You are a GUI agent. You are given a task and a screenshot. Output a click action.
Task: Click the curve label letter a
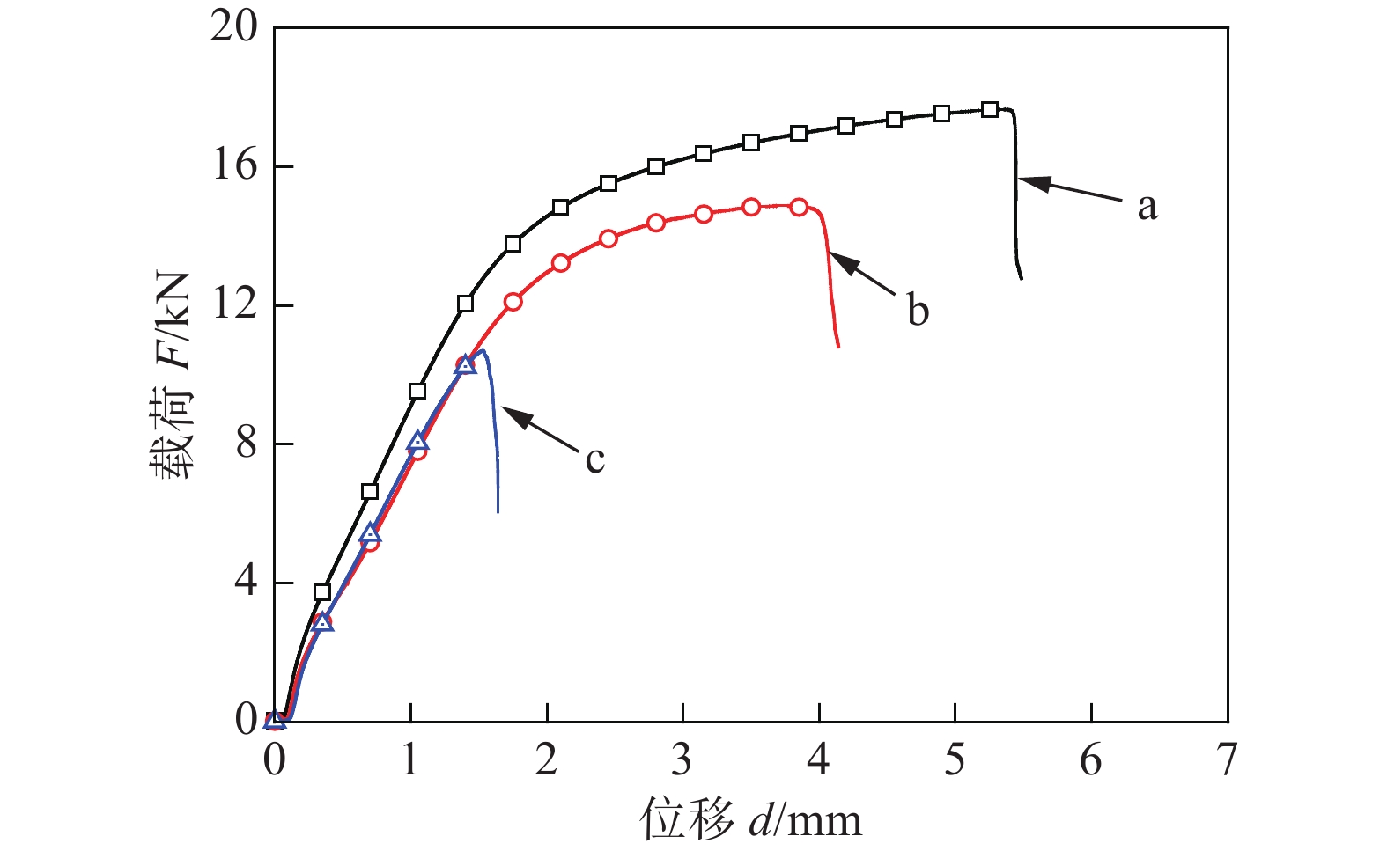click(x=1147, y=207)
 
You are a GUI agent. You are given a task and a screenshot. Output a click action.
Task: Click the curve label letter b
click(x=918, y=310)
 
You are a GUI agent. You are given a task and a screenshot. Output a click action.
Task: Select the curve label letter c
click(x=595, y=459)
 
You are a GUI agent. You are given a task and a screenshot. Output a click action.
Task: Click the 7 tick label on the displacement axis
click(x=1227, y=759)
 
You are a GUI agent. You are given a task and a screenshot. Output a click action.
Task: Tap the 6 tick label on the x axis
click(x=1090, y=759)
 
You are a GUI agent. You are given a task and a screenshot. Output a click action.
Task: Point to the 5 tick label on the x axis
click(x=955, y=759)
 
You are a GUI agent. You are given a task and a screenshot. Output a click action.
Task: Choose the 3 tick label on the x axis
click(x=682, y=759)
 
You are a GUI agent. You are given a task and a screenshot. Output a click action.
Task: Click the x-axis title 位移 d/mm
click(x=751, y=819)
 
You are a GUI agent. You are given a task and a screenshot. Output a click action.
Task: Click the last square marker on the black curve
click(x=990, y=109)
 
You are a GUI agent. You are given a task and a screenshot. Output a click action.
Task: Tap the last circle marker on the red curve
click(x=799, y=207)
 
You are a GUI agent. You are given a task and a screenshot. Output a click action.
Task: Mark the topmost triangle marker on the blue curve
click(x=465, y=364)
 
